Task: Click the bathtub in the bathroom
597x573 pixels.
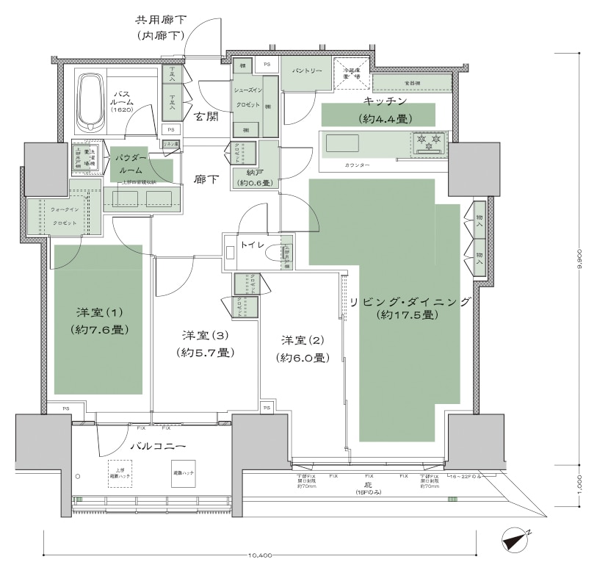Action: [x=90, y=102]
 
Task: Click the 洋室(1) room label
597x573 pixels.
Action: [x=97, y=311]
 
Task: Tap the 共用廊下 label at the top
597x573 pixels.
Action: [x=159, y=20]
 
